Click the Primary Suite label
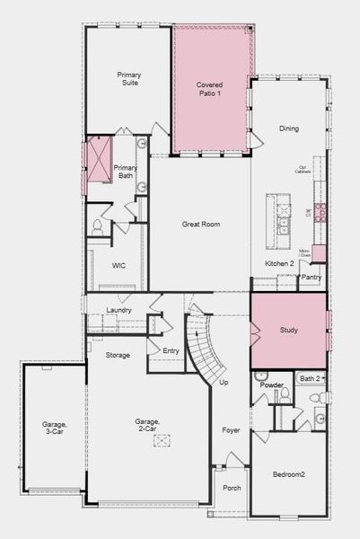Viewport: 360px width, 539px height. coord(128,79)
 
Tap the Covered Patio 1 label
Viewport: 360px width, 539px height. coord(209,90)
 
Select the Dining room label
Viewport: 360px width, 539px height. coord(288,128)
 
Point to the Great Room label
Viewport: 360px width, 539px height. coord(201,224)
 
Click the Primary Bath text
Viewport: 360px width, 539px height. coord(124,172)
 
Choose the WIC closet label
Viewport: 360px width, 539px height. coord(119,266)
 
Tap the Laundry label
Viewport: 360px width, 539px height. coord(119,310)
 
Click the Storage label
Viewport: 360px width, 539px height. coord(118,355)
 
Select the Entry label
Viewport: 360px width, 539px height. coord(171,350)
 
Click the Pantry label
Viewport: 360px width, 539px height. coord(311,278)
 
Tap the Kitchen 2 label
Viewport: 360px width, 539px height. coord(279,263)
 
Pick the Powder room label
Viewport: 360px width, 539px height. coord(271,384)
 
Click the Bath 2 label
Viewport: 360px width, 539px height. coord(311,378)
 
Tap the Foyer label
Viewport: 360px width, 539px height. coord(232,429)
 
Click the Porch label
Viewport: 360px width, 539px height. coord(232,488)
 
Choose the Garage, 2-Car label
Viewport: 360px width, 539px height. coord(147,426)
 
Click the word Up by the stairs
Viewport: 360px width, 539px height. coord(224,383)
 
